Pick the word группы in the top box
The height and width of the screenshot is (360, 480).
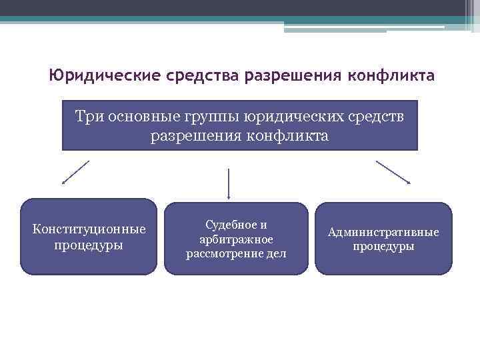point(218,117)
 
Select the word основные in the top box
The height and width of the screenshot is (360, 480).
point(146,117)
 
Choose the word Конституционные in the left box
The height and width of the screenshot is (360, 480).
point(89,229)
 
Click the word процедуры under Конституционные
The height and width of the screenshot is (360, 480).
point(89,245)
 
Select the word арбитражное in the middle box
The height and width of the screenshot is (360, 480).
point(236,239)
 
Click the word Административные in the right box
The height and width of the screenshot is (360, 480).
point(383,232)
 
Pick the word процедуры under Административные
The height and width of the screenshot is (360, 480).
point(383,247)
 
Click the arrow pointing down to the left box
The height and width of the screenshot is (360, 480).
point(75,172)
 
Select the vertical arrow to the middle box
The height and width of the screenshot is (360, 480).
point(229,183)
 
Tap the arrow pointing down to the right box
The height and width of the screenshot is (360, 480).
point(393,172)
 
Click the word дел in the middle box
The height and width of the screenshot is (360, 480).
point(276,253)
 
